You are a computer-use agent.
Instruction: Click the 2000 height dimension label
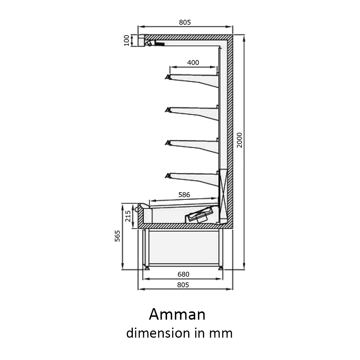click(239, 140)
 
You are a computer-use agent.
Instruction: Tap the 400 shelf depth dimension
click(193, 62)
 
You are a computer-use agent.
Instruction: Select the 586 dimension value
click(184, 195)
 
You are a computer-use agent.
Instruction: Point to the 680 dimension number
click(184, 274)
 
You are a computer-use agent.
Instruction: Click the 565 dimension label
click(117, 236)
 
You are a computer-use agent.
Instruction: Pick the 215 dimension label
click(128, 216)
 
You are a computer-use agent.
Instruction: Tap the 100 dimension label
click(126, 40)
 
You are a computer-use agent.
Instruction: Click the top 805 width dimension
click(185, 22)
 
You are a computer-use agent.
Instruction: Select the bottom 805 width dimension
click(183, 285)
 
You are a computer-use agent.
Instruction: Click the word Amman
click(177, 314)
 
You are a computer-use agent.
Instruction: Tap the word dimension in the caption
click(158, 333)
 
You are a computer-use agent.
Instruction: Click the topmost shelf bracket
click(192, 80)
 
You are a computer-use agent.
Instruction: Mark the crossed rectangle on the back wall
click(224, 194)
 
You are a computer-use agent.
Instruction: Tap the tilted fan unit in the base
click(199, 215)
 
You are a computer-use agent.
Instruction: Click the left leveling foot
click(146, 267)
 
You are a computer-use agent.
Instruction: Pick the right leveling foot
click(221, 267)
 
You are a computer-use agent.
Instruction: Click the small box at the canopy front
click(141, 40)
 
